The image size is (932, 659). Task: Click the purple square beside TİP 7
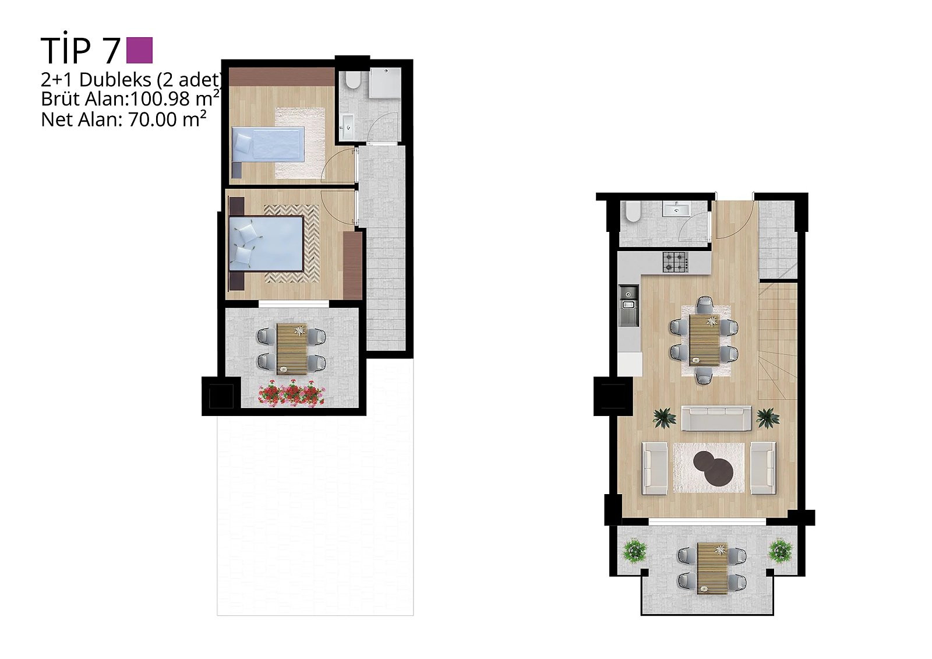click(x=139, y=50)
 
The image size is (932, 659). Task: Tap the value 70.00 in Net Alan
click(x=153, y=120)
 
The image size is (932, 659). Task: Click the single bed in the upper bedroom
click(x=267, y=144)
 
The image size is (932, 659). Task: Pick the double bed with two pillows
click(x=266, y=244)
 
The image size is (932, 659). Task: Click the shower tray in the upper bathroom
click(x=385, y=83)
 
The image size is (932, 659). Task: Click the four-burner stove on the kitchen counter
click(x=675, y=262)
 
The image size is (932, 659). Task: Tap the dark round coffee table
click(x=713, y=468)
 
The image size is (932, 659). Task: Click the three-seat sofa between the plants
click(x=716, y=418)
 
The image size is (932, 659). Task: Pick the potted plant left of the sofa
click(x=665, y=418)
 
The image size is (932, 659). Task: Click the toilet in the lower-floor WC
click(x=633, y=212)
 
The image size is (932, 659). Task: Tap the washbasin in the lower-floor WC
click(x=676, y=209)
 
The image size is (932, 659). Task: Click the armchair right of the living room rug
click(x=763, y=468)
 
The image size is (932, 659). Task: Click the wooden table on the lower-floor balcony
click(x=713, y=568)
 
